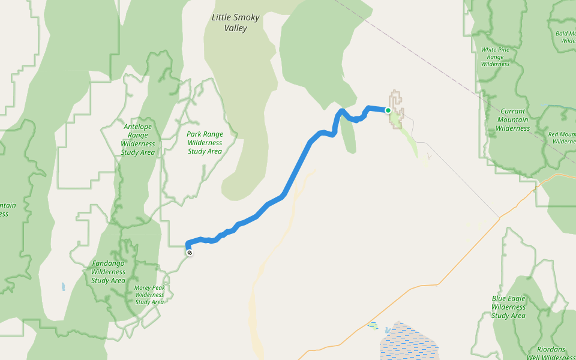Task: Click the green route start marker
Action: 388,110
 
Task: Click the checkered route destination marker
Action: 190,253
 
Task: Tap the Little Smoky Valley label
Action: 235,23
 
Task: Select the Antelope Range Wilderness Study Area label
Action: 138,140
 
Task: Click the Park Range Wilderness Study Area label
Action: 205,143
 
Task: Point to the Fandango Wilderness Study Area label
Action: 109,272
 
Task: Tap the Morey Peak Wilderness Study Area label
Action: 149,295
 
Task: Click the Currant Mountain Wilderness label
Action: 512,119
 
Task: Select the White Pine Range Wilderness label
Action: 495,56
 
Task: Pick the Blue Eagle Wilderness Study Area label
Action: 508,307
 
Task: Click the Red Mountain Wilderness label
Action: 562,138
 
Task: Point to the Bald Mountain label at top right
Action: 566,37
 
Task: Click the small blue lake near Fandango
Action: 62,287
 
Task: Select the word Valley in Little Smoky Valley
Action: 235,28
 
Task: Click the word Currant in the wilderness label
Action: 512,111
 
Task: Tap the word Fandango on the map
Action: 109,263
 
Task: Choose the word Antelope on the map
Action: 138,127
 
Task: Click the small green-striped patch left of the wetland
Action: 373,325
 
